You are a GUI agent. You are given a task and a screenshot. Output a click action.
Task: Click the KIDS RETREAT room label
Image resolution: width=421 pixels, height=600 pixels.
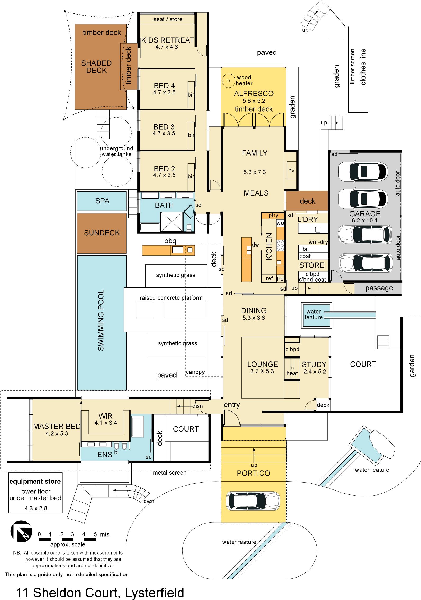coord(168,40)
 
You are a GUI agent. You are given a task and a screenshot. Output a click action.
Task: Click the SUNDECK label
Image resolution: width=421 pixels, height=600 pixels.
coord(102,233)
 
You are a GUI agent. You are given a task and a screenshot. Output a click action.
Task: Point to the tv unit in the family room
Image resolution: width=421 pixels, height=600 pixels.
coord(292,170)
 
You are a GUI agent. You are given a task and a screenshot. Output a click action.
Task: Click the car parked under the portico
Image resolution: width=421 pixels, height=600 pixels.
coord(253,501)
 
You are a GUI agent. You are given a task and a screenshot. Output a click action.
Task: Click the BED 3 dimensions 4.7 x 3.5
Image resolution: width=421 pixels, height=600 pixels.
coord(164,134)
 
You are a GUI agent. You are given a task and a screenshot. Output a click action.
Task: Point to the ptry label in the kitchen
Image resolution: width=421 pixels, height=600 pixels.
coord(273,216)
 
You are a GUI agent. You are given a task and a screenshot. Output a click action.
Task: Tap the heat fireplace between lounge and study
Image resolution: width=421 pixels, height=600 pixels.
coord(292,369)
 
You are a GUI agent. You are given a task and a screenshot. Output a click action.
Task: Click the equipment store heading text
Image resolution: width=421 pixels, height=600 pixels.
coord(35,482)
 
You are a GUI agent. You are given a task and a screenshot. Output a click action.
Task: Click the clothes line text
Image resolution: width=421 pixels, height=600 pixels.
coord(363,67)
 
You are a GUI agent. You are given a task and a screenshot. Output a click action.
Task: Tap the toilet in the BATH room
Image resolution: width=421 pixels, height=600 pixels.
coord(189,227)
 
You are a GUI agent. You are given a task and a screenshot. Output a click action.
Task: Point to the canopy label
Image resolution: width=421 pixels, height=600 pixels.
coord(195,372)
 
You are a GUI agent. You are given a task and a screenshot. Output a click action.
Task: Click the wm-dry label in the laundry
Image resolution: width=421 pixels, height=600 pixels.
coord(318,242)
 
